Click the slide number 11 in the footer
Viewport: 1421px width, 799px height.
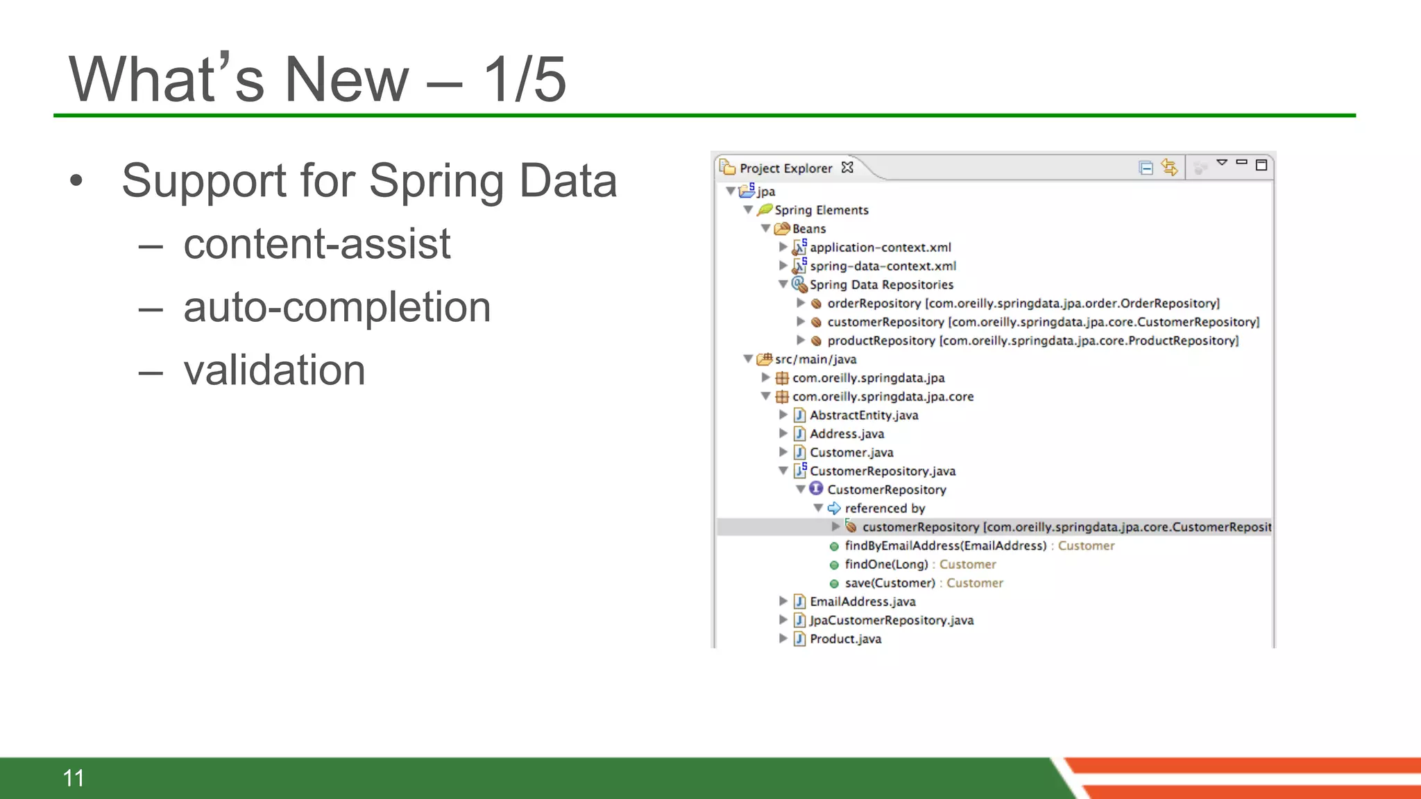(x=74, y=778)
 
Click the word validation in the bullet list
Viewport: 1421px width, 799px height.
(x=274, y=370)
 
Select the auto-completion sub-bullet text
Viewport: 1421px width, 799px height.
(x=337, y=307)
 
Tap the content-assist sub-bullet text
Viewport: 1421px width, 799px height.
(x=316, y=243)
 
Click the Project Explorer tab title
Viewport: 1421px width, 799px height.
(x=785, y=168)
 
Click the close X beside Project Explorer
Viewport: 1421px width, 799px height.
(x=847, y=167)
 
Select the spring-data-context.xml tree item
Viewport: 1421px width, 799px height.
(x=883, y=266)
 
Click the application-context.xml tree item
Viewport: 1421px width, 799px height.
(x=880, y=247)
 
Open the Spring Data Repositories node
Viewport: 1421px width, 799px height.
(x=881, y=284)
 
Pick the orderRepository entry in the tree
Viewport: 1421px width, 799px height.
(x=874, y=303)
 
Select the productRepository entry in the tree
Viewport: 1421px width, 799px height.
(x=880, y=341)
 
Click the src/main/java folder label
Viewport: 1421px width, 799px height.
(x=815, y=359)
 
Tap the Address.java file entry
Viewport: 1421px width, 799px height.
(x=846, y=433)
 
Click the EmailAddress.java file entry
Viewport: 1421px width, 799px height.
(x=862, y=601)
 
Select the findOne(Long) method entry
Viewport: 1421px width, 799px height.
(x=886, y=564)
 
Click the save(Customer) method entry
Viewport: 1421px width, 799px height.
(x=890, y=583)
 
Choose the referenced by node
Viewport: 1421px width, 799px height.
(x=885, y=508)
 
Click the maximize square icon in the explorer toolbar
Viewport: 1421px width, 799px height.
(x=1261, y=165)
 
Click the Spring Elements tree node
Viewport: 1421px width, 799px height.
(x=821, y=209)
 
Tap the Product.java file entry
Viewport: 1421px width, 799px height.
(x=845, y=639)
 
